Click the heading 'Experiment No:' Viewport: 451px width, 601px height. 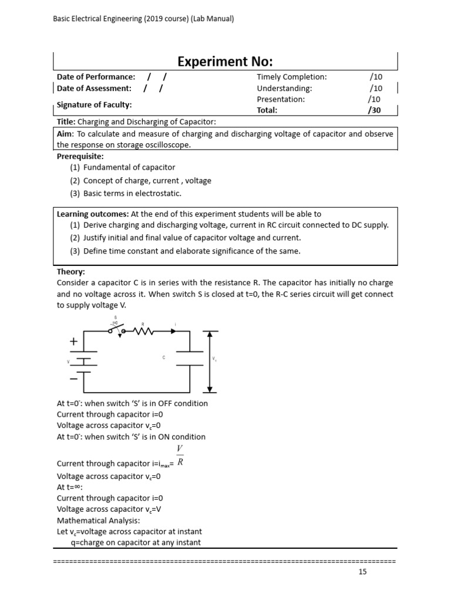[225, 62]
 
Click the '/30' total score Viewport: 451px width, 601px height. [374, 110]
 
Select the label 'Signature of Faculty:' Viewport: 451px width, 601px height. [94, 104]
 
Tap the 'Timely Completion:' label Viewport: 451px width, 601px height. [291, 77]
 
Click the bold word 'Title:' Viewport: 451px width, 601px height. [67, 121]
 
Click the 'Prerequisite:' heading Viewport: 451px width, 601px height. [80, 156]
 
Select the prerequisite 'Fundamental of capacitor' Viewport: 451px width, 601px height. [129, 167]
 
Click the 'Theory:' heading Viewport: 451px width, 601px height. [71, 272]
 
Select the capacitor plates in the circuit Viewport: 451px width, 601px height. [190, 357]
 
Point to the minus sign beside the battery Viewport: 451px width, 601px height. [73, 379]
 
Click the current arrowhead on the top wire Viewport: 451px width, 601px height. [173, 332]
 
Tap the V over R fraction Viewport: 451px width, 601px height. [181, 456]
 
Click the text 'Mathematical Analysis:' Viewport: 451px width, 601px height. [98, 521]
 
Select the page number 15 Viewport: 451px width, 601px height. [362, 572]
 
